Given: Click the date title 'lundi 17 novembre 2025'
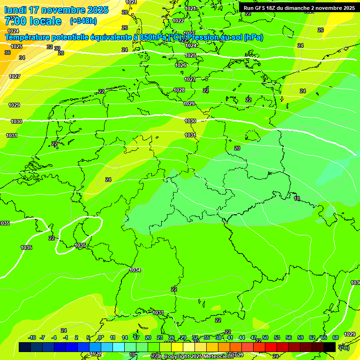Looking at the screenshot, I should (x=56, y=10).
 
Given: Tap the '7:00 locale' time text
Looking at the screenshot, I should (x=33, y=21).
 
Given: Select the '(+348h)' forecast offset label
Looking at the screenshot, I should (x=83, y=21).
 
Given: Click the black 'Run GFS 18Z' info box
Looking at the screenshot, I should (x=299, y=7).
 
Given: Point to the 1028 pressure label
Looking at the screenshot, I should (x=179, y=90).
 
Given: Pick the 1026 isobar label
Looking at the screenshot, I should (x=180, y=65).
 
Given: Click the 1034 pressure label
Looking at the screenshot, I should (x=135, y=270).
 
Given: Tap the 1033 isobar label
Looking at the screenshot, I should (x=158, y=313).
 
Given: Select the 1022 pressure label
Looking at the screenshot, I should (x=178, y=21).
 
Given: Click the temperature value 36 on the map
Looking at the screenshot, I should (x=7, y=53).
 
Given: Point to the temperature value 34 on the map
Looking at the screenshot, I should (x=22, y=58).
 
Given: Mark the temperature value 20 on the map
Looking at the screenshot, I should (x=237, y=148).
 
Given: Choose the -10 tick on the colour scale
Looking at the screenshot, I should (x=32, y=337).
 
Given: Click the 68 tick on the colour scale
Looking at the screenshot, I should (x=336, y=337).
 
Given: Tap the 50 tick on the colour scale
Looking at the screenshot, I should (x=265, y=337).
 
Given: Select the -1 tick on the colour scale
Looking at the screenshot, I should (x=66, y=337).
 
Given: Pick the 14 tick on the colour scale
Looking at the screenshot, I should (x=125, y=337).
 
